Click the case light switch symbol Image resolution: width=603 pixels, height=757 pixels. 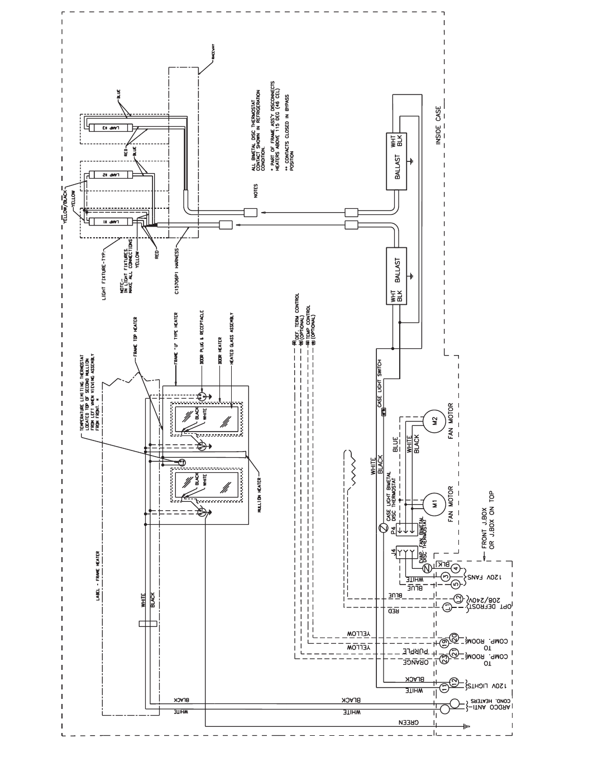384,413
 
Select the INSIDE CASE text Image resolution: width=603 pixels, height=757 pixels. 439,126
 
